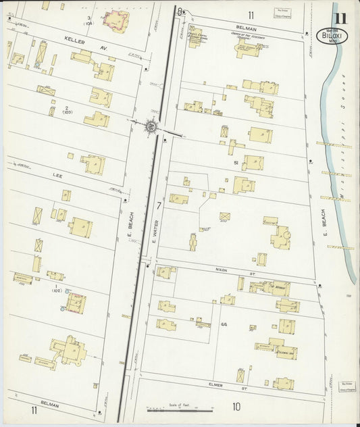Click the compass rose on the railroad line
click(151, 125)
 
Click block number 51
click(236, 163)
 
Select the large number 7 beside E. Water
click(159, 205)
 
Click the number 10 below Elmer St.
click(236, 407)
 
